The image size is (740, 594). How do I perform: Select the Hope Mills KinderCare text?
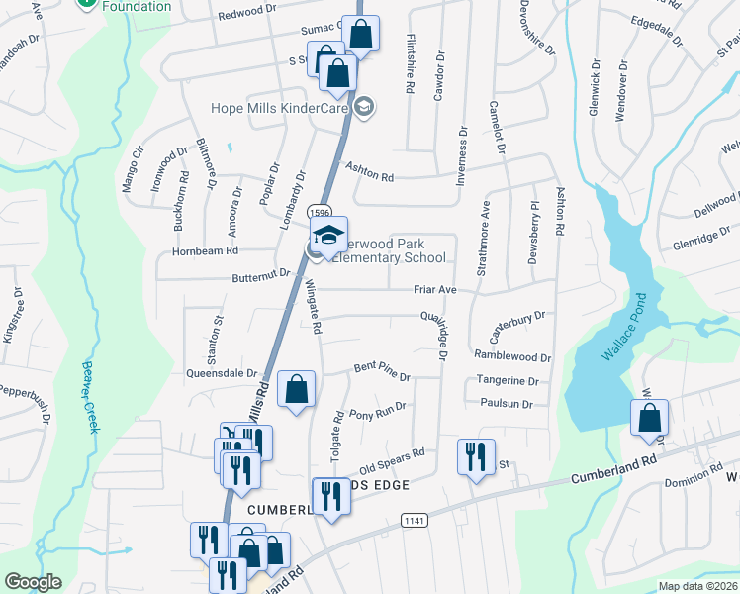281,107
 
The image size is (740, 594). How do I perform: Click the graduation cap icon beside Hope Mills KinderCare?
365,107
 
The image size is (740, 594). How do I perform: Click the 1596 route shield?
319,212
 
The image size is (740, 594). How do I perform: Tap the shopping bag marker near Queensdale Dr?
296,389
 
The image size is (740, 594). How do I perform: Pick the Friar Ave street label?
435,290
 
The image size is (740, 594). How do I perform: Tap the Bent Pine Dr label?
382,372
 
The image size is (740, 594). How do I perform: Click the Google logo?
33,582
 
